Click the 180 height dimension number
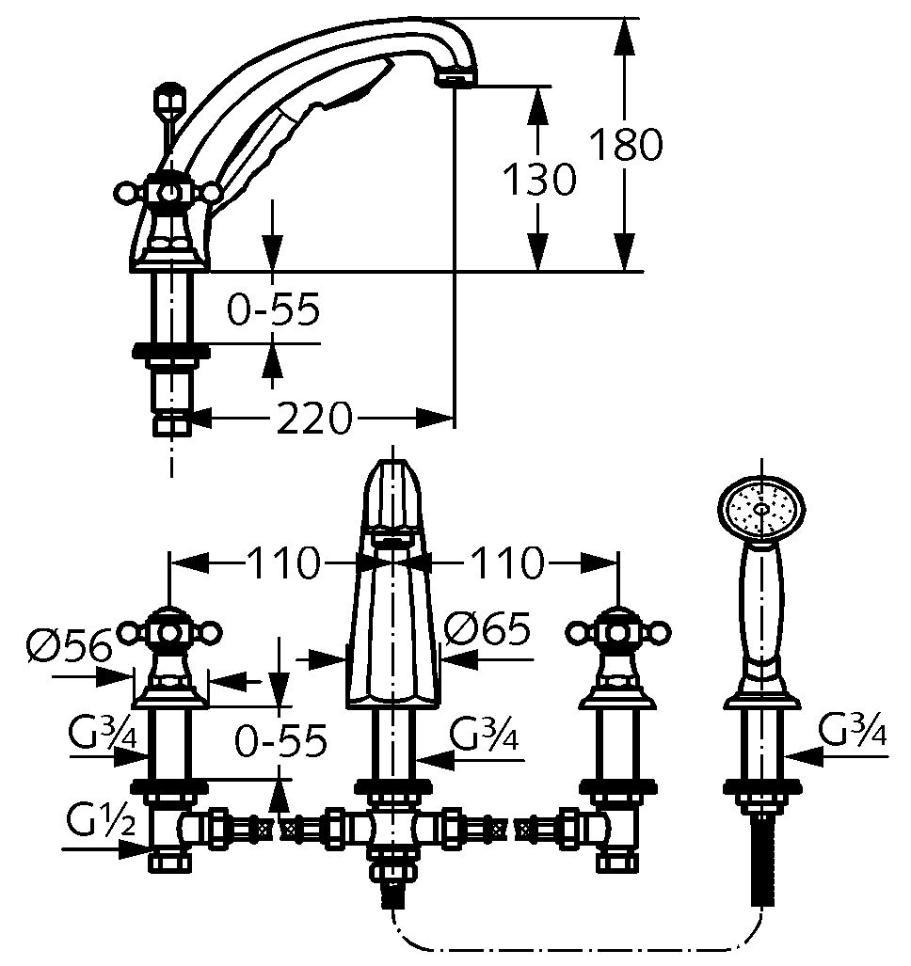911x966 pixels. click(x=626, y=144)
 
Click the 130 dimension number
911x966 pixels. click(x=537, y=179)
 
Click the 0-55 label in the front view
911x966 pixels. click(x=280, y=740)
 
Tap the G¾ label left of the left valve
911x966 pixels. click(x=103, y=731)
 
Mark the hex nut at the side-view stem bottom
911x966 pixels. click(x=171, y=424)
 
